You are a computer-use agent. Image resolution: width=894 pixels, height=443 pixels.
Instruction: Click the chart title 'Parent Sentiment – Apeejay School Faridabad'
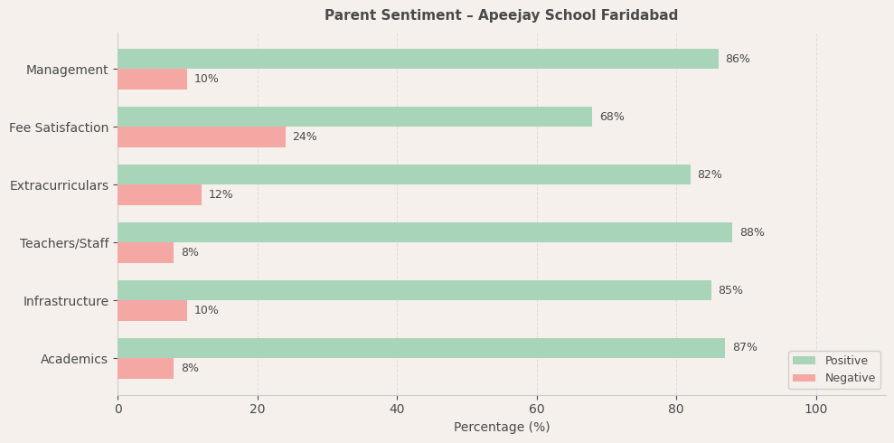(501, 15)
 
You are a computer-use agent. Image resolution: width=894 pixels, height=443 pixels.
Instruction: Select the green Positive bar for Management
(418, 59)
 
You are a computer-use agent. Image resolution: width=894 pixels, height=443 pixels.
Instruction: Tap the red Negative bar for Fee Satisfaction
(202, 137)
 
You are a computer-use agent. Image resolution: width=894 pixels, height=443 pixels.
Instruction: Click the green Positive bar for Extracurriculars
(403, 174)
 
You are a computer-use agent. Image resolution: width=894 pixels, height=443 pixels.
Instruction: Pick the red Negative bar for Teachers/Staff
(146, 252)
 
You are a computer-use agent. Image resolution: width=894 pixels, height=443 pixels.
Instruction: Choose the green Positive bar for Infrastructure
(414, 290)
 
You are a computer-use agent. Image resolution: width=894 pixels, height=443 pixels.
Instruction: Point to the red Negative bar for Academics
(146, 368)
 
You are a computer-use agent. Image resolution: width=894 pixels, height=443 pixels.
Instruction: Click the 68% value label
(612, 117)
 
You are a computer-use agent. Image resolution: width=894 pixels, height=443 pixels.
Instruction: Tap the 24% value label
(305, 137)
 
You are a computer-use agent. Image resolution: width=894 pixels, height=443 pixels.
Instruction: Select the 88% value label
(752, 232)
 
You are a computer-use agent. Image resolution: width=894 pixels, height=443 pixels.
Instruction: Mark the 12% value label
(221, 194)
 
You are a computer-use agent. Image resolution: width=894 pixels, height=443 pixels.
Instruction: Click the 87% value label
(745, 348)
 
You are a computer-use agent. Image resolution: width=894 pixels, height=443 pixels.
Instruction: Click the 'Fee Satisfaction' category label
(59, 127)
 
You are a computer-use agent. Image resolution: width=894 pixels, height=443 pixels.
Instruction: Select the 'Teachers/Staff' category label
(64, 243)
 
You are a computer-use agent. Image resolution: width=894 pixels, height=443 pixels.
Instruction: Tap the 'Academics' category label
(74, 359)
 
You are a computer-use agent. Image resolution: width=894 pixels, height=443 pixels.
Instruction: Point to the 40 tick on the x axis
(397, 409)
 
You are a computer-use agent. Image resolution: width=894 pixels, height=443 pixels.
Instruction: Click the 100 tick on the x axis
(816, 409)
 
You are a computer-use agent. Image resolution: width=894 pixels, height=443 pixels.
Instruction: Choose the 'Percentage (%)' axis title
(501, 427)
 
